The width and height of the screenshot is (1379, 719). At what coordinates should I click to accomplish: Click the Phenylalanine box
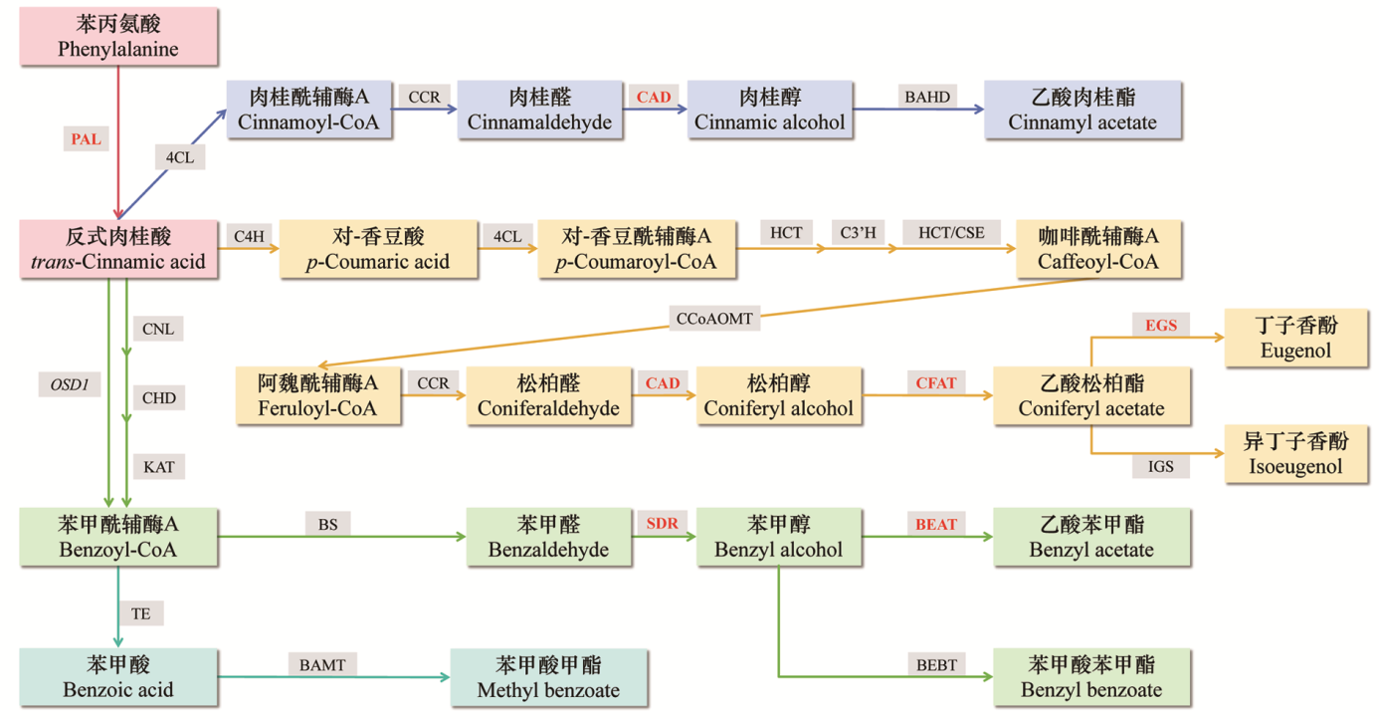pos(118,35)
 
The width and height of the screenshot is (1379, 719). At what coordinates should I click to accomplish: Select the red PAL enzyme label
pos(86,139)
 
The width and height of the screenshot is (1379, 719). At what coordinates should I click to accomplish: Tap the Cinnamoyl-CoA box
pos(309,110)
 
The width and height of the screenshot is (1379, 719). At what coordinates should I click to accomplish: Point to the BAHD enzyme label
pos(927,97)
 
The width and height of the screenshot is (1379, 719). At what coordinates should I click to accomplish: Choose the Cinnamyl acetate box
pos(1083,110)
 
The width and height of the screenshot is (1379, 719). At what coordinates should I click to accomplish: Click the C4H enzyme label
pos(249,235)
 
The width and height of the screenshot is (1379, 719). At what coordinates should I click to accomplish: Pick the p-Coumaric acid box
pos(378,249)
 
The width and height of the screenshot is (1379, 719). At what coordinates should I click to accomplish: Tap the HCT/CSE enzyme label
pos(951,233)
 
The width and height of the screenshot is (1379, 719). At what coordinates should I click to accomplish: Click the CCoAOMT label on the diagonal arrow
pos(715,319)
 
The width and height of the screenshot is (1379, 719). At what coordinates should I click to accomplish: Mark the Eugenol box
pos(1295,338)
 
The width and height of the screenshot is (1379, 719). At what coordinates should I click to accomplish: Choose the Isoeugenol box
pos(1295,454)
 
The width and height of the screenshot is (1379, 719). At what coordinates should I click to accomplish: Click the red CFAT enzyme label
pos(935,383)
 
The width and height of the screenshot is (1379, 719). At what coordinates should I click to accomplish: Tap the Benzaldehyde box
pos(548,537)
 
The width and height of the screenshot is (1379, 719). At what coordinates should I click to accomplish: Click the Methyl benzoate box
pos(548,677)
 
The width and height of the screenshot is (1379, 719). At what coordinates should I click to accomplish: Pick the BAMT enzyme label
pos(322,664)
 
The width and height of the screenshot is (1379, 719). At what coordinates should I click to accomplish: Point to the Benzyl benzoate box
pos(1091,677)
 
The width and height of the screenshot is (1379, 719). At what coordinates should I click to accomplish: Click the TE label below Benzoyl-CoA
pos(140,613)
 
